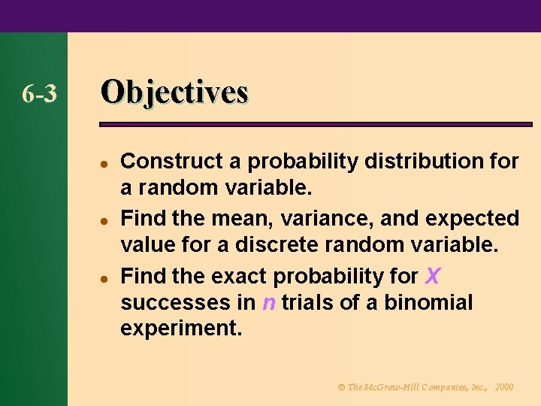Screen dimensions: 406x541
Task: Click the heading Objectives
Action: coord(174,92)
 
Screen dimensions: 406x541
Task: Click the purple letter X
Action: coord(432,276)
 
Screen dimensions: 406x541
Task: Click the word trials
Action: coord(304,304)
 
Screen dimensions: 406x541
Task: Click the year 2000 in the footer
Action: coord(505,386)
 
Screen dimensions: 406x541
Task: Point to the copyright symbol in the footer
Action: coord(341,386)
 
